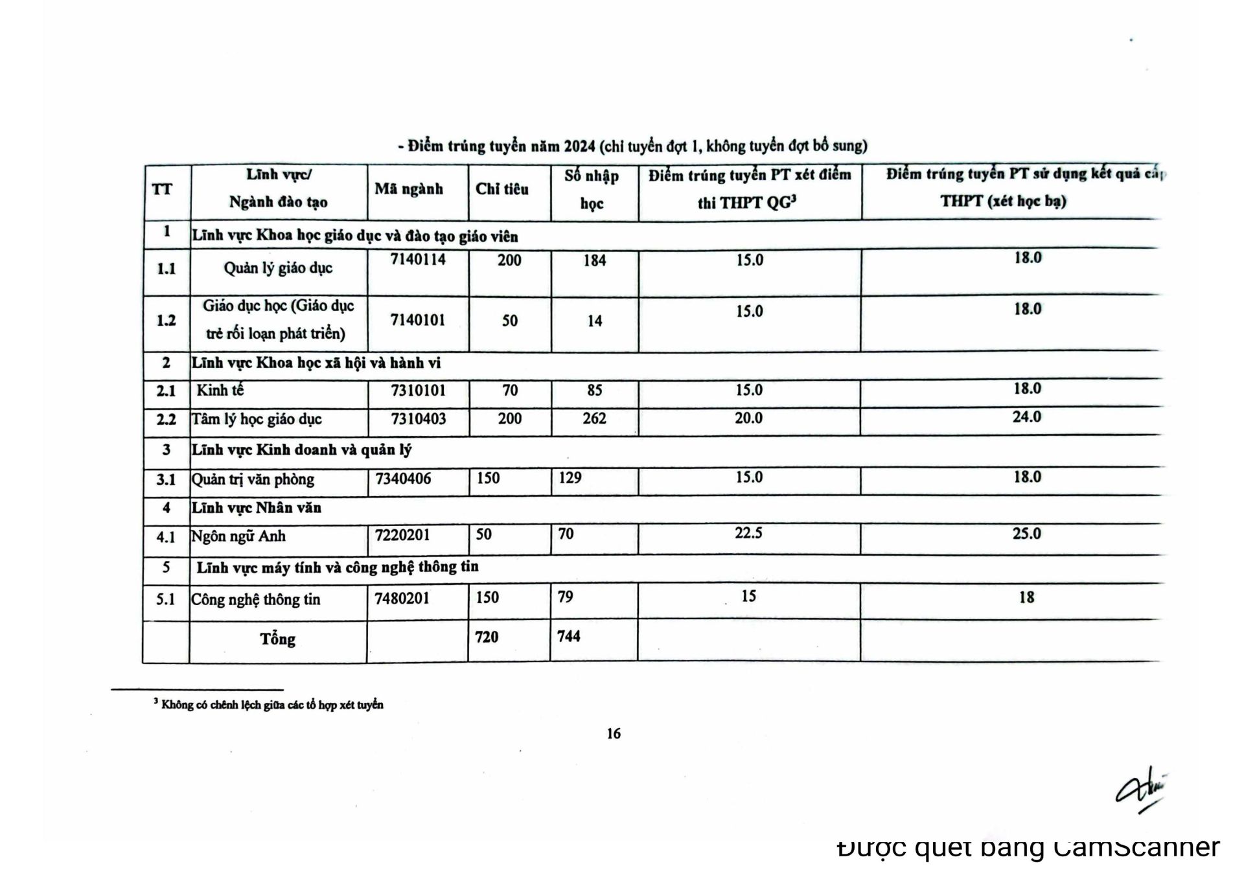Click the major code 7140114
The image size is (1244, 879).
[x=418, y=260]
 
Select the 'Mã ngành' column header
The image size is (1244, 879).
[x=409, y=189]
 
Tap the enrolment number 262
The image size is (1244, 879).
[x=594, y=418]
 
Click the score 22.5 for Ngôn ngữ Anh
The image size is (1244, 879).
[x=748, y=533]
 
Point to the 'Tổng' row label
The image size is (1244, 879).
[x=278, y=639]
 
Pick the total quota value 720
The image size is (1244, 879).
[x=487, y=637]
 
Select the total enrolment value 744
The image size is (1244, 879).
[x=569, y=636]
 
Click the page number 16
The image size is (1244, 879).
[x=614, y=733]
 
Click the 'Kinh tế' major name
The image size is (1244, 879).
[x=220, y=390]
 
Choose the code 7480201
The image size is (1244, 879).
[x=402, y=598]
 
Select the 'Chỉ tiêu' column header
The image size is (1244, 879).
[x=502, y=189]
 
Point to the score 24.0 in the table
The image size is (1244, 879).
[x=1027, y=417]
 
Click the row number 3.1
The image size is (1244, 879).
[x=166, y=480]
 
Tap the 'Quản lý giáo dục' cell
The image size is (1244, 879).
[x=278, y=268]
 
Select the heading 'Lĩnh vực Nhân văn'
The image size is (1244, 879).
[x=257, y=508]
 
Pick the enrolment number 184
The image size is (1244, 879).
[x=594, y=261]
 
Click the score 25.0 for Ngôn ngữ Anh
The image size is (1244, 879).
[x=1027, y=534]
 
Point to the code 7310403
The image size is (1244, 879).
[x=419, y=419]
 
